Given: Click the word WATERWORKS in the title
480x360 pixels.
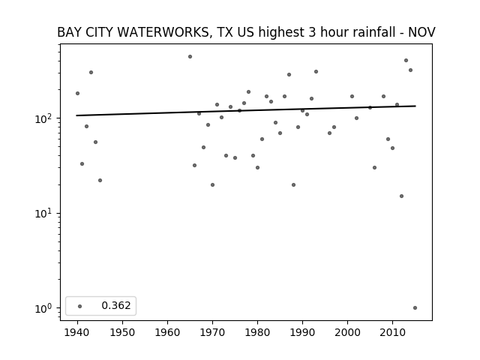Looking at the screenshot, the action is click(149, 32).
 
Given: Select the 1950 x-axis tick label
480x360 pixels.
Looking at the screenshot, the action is click(122, 332).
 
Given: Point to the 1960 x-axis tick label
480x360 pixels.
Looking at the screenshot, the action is click(167, 332).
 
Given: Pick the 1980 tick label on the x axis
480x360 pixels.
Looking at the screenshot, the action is click(257, 332).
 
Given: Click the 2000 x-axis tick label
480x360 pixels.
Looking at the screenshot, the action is click(347, 332).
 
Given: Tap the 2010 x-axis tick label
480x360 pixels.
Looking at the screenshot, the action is click(392, 332).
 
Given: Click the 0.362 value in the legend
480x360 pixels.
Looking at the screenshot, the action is click(116, 305).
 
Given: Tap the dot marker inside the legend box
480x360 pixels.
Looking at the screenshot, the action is click(80, 306).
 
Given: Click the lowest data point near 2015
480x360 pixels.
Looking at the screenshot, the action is click(415, 308).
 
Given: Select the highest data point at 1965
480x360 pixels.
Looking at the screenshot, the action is click(190, 57).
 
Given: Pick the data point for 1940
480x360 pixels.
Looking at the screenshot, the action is click(77, 93).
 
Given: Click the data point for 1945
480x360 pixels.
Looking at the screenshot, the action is click(100, 180).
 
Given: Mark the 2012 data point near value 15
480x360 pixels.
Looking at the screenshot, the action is click(402, 196).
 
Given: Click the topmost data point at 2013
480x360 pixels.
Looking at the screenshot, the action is click(406, 60).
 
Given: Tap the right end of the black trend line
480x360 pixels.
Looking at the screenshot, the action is click(415, 106).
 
